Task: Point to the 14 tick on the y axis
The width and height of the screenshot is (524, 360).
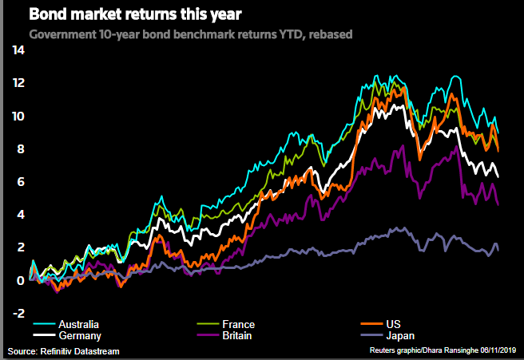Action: click(18, 50)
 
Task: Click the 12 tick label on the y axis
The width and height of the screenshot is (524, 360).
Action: click(18, 83)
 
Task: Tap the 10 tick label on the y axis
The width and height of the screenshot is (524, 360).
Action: click(18, 116)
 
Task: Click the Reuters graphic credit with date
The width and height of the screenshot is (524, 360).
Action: click(443, 351)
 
